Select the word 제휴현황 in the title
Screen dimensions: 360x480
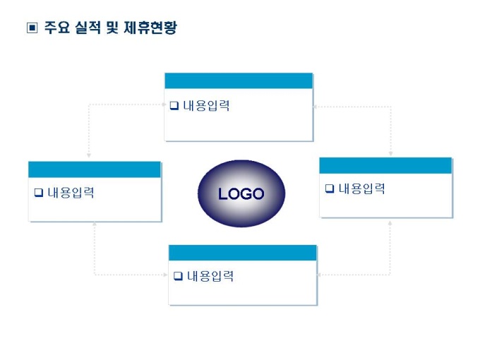click(153, 28)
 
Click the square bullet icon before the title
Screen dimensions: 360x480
click(31, 28)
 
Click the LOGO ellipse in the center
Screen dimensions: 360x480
click(241, 194)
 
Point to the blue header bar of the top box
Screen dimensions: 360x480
click(239, 80)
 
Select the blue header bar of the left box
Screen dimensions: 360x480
click(95, 169)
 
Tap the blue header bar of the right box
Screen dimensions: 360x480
click(385, 165)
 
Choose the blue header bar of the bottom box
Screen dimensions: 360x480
click(242, 253)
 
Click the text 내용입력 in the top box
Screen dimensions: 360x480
click(206, 107)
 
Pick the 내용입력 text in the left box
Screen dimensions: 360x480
click(71, 193)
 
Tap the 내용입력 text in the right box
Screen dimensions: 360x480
click(361, 188)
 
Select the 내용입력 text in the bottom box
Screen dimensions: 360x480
click(210, 276)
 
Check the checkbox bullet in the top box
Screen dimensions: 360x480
click(174, 107)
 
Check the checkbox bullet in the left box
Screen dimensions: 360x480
click(38, 193)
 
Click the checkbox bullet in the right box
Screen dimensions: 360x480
click(329, 189)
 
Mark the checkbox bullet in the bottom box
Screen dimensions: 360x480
click(178, 276)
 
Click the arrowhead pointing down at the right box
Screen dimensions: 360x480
click(390, 152)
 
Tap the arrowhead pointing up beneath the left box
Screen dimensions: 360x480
click(95, 226)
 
